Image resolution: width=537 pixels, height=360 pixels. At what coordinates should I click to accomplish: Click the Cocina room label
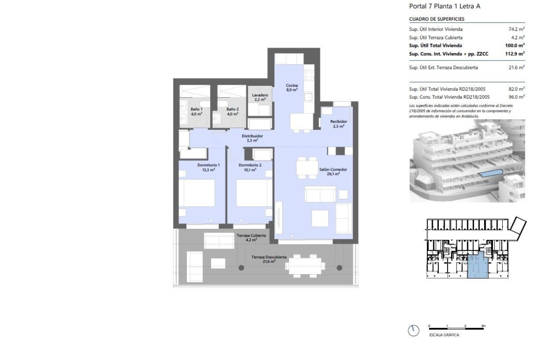click(x=292, y=85)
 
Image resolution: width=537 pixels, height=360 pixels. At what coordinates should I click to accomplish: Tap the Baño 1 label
click(x=196, y=109)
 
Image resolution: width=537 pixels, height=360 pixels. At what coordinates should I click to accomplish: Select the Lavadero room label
click(x=260, y=95)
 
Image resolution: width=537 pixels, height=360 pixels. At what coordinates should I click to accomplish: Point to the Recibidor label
click(x=338, y=122)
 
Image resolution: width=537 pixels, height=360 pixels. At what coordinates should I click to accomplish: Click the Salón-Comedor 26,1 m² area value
click(x=333, y=174)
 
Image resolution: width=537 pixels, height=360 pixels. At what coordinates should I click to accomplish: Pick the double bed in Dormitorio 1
click(x=196, y=193)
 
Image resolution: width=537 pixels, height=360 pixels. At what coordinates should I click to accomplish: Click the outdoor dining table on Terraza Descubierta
click(x=305, y=266)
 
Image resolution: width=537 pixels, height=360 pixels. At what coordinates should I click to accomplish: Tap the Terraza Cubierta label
click(x=251, y=235)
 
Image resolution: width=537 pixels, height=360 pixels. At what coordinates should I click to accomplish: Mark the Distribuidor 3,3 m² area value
click(x=252, y=140)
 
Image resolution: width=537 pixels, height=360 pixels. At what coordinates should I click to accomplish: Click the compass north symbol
click(x=414, y=331)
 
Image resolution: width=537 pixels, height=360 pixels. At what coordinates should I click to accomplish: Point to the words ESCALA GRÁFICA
click(x=444, y=335)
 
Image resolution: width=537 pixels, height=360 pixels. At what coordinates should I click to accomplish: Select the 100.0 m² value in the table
click(x=515, y=45)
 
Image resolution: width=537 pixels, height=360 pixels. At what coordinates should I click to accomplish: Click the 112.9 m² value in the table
click(x=515, y=54)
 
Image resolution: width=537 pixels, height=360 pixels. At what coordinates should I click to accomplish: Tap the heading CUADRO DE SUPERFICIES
click(x=436, y=19)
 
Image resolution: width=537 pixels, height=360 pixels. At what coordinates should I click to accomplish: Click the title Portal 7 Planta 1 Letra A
click(x=445, y=6)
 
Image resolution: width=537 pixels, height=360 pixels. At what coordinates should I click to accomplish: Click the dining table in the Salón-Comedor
click(x=307, y=168)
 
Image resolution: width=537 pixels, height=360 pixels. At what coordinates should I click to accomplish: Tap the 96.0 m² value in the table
click(x=516, y=97)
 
